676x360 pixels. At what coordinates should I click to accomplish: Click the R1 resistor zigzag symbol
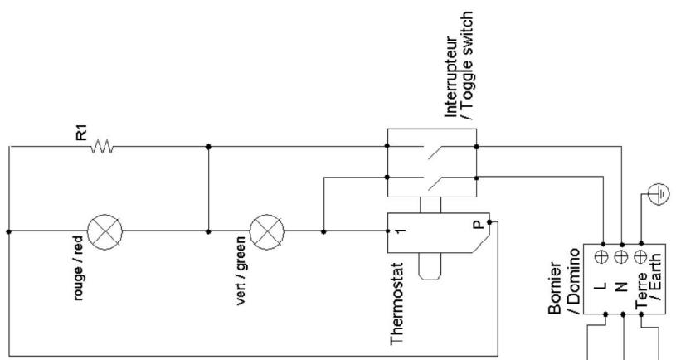pyautogui.click(x=102, y=147)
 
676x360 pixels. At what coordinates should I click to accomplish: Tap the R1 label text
pyautogui.click(x=81, y=132)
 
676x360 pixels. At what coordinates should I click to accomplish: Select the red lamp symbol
pyautogui.click(x=105, y=231)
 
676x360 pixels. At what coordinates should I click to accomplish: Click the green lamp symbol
pyautogui.click(x=267, y=231)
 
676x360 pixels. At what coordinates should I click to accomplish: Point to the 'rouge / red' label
pyautogui.click(x=78, y=268)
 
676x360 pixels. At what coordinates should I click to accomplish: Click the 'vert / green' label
pyautogui.click(x=241, y=270)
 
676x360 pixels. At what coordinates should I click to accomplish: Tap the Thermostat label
pyautogui.click(x=396, y=304)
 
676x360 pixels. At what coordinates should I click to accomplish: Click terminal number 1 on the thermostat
pyautogui.click(x=400, y=231)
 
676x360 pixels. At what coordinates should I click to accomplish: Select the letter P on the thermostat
pyautogui.click(x=478, y=225)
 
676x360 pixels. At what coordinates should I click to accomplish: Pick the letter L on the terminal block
pyautogui.click(x=602, y=285)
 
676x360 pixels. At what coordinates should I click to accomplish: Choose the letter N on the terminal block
pyautogui.click(x=620, y=285)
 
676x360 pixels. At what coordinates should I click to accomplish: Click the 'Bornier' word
pyautogui.click(x=555, y=288)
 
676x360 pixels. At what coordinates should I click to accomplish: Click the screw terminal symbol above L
pyautogui.click(x=601, y=257)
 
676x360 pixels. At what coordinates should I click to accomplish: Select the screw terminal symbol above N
pyautogui.click(x=620, y=257)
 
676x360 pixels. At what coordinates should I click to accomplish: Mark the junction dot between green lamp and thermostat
pyautogui.click(x=323, y=231)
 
